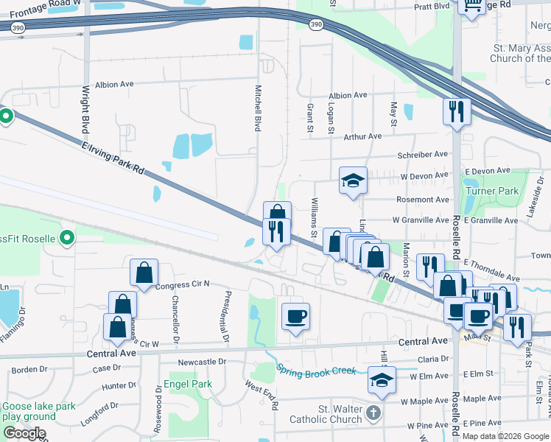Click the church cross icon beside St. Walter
pos(375,413)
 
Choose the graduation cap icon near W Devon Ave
pos(353,180)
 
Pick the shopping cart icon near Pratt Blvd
pos(471,5)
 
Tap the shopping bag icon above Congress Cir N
pos(144,273)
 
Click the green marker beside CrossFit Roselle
pos(67,237)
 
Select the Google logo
pos(24,434)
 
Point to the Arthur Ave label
pos(362,136)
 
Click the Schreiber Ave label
pos(423,155)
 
